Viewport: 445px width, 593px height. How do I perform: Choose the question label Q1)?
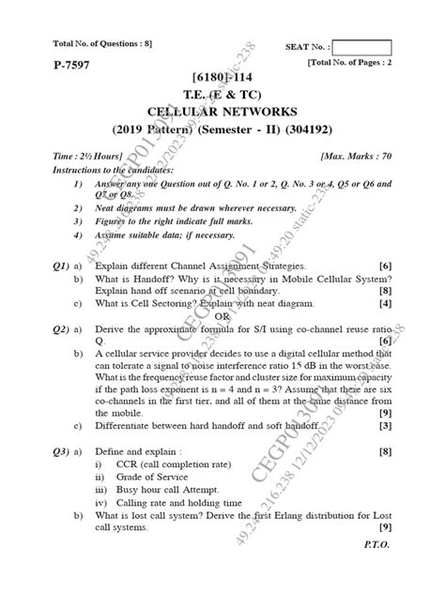(x=42, y=267)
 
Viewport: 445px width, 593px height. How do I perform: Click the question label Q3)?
(x=42, y=451)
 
